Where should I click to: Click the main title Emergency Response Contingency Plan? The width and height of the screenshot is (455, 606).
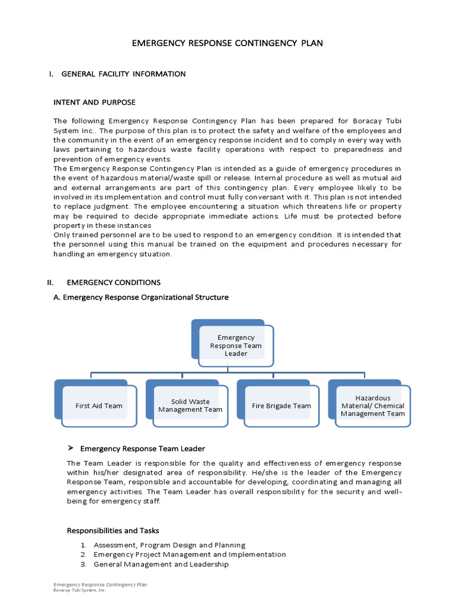227,44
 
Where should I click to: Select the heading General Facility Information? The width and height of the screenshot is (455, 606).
123,74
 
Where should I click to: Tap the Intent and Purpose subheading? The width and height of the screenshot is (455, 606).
95,102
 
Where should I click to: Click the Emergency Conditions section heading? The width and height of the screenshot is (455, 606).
114,282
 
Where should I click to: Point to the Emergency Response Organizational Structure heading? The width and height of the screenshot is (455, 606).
141,297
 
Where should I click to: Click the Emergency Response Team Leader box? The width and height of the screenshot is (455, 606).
236,345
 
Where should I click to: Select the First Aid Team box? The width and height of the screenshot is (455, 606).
98,406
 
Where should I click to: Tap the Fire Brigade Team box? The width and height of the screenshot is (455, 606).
281,406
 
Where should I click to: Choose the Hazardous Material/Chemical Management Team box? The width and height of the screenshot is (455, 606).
373,406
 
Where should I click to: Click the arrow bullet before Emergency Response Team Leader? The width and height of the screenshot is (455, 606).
70,448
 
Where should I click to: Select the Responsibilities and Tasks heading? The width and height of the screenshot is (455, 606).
113,530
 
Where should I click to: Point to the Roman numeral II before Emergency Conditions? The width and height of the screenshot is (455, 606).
51,282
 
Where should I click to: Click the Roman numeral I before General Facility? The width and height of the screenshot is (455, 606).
52,74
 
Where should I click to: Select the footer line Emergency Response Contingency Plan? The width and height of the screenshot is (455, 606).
100,585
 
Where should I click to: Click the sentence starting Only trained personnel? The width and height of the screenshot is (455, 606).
227,235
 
